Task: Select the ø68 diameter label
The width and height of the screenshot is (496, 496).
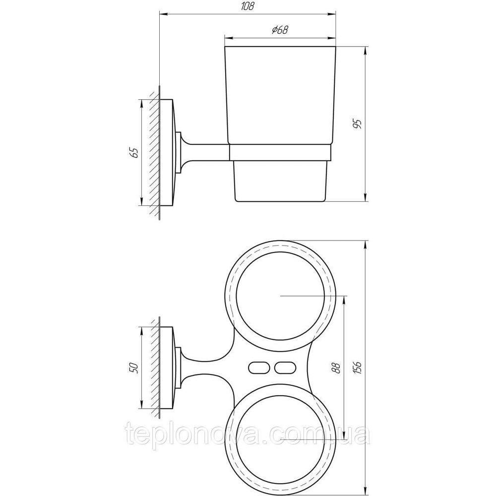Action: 280,30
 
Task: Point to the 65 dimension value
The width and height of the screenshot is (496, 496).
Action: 133,152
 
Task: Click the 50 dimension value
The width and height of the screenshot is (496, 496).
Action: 133,369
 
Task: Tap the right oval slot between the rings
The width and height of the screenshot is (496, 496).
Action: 283,368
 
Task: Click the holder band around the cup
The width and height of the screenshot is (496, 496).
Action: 280,153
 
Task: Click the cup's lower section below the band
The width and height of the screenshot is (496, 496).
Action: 280,181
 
